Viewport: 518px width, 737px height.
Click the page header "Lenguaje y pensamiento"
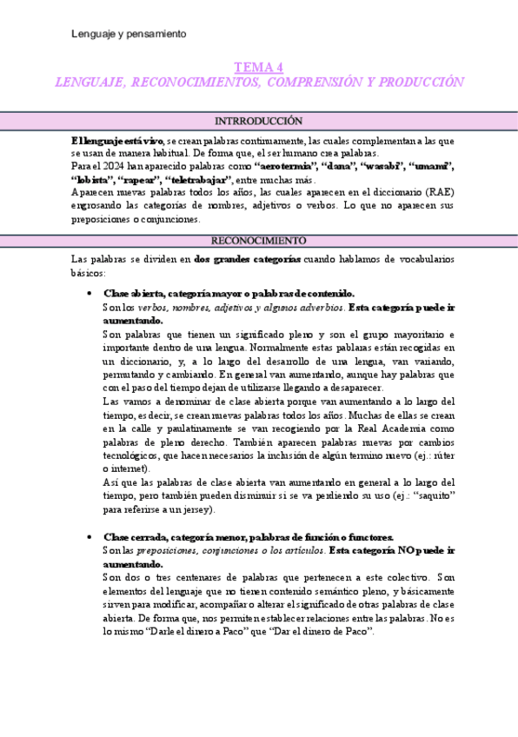[x=129, y=34]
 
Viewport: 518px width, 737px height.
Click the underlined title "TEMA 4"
[x=259, y=68]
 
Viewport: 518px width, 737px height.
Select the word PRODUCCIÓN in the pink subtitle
[x=422, y=83]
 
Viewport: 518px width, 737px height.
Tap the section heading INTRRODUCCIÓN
[x=258, y=122]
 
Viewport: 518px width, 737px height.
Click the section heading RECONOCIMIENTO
[x=258, y=241]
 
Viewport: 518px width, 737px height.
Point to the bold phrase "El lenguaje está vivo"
[x=117, y=139]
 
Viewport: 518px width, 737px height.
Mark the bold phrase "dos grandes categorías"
[x=248, y=259]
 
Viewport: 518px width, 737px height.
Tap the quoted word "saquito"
[x=432, y=495]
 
